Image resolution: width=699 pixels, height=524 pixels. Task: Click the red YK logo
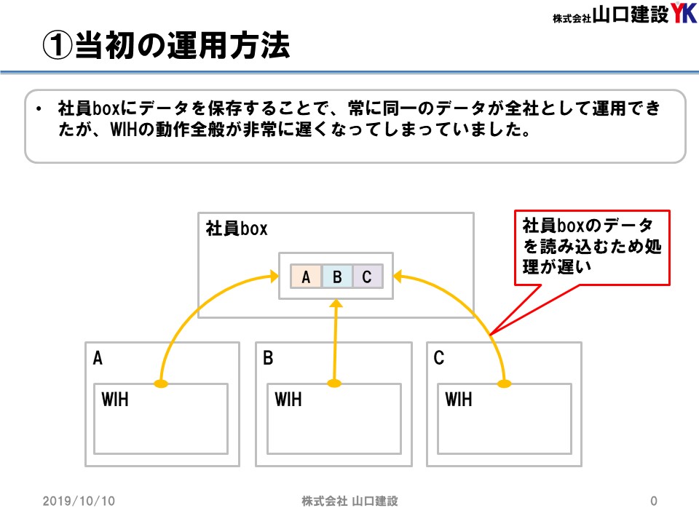pos(684,12)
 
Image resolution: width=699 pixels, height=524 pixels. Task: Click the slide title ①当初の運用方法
pos(166,45)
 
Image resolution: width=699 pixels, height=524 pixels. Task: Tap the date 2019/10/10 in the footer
pos(79,501)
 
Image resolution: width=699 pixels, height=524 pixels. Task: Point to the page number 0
pos(654,501)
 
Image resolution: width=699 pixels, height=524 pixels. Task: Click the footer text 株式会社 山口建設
pos(349,501)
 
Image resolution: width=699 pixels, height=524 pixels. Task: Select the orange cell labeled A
pos(306,277)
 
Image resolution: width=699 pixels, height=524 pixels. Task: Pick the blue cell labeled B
pos(337,277)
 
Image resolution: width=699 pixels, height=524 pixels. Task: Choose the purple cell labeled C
pos(367,277)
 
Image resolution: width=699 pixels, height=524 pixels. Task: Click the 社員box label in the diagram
pos(236,228)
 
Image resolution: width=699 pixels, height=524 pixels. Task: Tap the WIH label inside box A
pos(115,400)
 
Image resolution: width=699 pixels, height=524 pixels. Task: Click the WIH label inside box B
pos(288,400)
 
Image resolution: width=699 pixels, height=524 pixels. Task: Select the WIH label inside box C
pos(458,400)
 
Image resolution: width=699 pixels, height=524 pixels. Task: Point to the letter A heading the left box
pos(98,358)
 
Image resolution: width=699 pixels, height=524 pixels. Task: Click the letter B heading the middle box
pos(268,358)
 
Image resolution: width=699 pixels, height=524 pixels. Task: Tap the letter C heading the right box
pos(438,358)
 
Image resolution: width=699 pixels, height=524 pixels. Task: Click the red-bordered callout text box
pos(592,247)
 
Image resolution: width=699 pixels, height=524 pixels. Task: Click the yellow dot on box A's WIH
pos(161,384)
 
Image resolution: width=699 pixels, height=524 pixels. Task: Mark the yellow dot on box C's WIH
pos(504,384)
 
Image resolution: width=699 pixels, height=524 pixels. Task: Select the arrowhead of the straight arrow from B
pos(336,303)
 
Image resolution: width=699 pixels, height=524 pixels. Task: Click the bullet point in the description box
pos(39,108)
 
